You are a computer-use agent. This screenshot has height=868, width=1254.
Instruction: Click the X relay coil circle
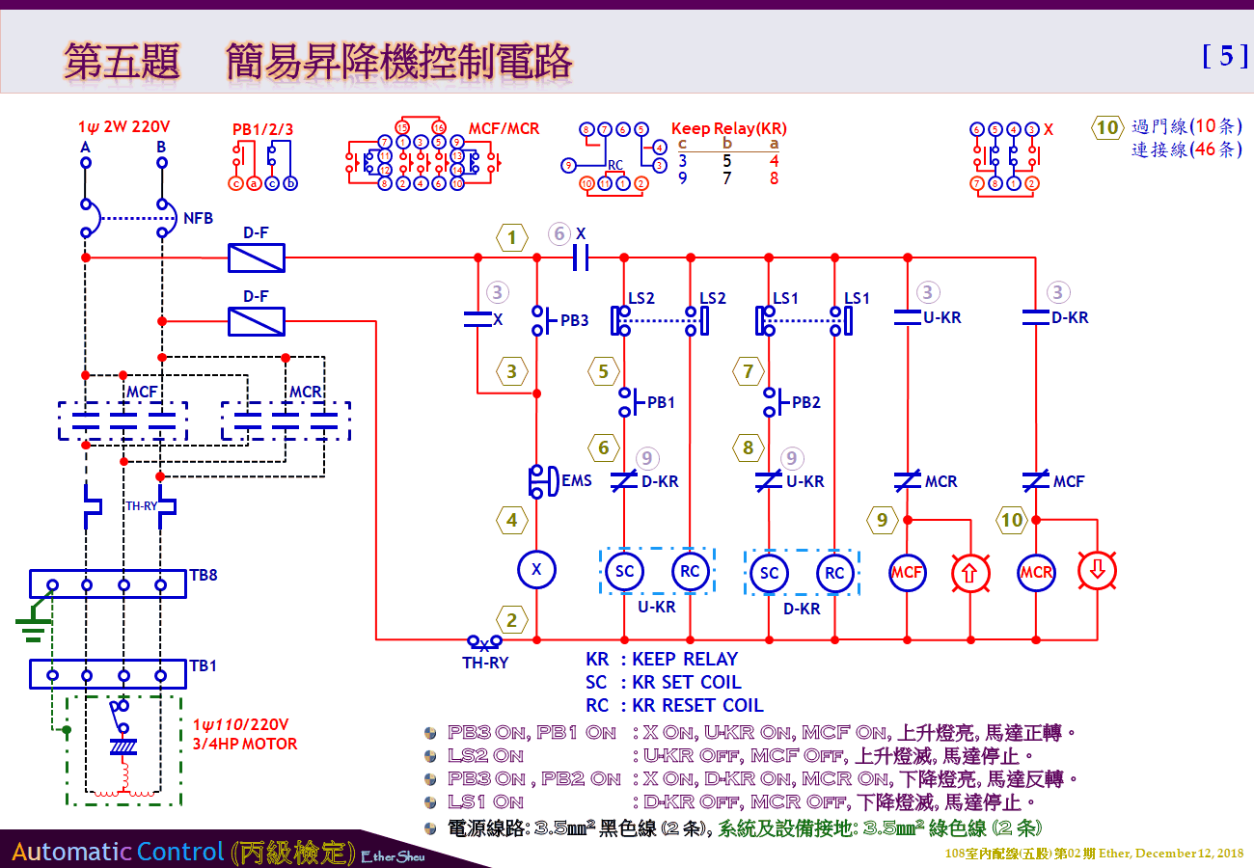(x=536, y=570)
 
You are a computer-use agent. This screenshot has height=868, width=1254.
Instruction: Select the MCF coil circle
(x=907, y=572)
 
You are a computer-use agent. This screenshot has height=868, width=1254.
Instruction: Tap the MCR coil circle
(x=1036, y=572)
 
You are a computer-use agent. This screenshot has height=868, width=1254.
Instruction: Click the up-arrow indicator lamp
(x=970, y=572)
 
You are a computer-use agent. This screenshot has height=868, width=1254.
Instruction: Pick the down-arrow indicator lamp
(x=1098, y=572)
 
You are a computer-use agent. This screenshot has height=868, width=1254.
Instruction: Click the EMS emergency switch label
(x=577, y=479)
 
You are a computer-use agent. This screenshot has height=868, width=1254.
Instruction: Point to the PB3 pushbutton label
(x=574, y=320)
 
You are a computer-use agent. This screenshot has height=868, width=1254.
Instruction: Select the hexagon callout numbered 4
(x=511, y=521)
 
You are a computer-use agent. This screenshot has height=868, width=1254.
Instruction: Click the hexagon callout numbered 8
(x=748, y=448)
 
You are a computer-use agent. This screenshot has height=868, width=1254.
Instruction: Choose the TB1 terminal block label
(x=204, y=665)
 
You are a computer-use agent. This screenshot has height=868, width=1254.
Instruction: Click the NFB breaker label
(x=198, y=219)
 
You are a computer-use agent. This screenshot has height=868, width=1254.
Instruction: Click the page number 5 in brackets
(x=1226, y=56)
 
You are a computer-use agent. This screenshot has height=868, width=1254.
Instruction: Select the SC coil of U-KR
(x=624, y=571)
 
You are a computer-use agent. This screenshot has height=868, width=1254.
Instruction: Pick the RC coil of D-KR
(x=834, y=573)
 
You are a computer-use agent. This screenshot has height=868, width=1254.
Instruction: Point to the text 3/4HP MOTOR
(x=244, y=744)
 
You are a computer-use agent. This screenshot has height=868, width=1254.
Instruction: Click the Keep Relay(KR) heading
(x=728, y=128)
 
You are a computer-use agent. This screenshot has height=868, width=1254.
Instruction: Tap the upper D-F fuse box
(x=256, y=258)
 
